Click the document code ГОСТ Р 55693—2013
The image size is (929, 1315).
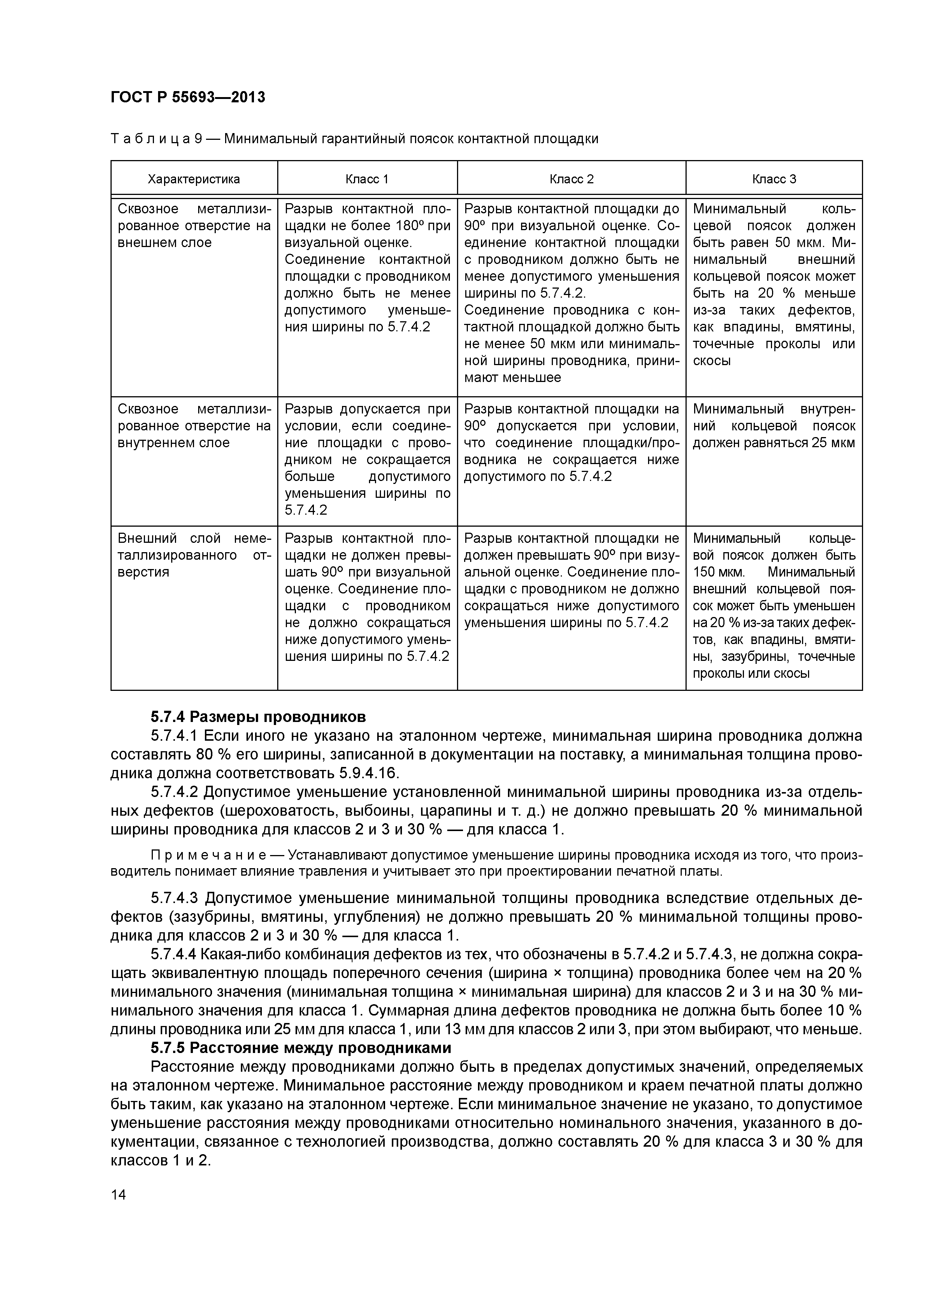[x=188, y=97]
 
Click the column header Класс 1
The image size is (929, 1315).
[x=367, y=179]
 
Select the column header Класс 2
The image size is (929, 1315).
[x=571, y=179]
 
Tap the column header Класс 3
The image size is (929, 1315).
[x=774, y=179]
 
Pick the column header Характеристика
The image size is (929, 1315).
[x=193, y=179]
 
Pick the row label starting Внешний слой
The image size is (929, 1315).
[x=193, y=555]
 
